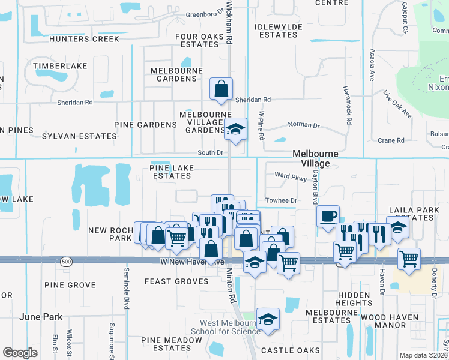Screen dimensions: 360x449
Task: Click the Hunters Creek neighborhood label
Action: click(85, 39)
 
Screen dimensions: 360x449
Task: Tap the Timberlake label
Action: click(60, 65)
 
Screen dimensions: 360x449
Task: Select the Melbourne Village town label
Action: click(315, 158)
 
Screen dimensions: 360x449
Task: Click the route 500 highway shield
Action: click(65, 262)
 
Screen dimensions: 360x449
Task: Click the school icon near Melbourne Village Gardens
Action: click(236, 128)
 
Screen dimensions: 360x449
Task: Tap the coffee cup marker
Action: click(328, 217)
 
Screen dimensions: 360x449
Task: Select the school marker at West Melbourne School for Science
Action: click(268, 319)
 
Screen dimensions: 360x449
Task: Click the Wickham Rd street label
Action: click(229, 22)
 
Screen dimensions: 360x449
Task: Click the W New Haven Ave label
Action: click(184, 262)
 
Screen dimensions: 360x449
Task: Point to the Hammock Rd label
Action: click(348, 104)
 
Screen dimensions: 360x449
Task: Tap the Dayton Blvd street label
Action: click(315, 186)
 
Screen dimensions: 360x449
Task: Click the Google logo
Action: click(20, 353)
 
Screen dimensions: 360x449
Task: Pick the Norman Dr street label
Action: click(304, 125)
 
